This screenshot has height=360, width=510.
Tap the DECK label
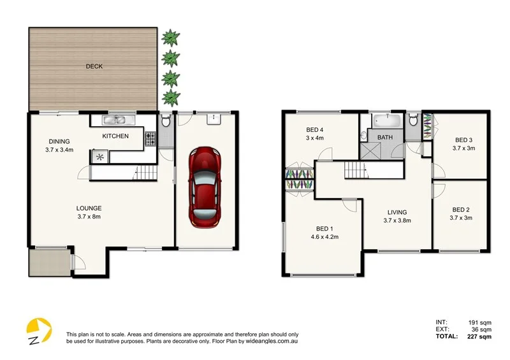click(94, 66)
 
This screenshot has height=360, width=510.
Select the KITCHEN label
click(115, 136)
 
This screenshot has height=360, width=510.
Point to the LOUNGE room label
click(89, 208)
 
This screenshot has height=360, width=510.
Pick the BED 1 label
click(324, 229)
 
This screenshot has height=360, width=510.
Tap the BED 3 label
click(463, 140)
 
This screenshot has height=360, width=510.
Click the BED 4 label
click(316, 130)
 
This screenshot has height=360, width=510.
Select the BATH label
click(385, 138)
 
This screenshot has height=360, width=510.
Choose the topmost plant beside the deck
click(170, 38)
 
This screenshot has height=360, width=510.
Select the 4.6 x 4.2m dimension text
click(324, 236)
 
